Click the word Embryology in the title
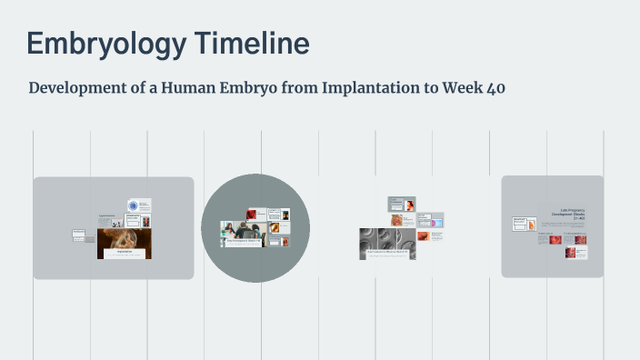point(95,44)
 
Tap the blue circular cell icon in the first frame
point(134,205)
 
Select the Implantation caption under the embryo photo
point(124,254)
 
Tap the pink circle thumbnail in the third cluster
point(436,220)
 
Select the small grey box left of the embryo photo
point(78,235)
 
